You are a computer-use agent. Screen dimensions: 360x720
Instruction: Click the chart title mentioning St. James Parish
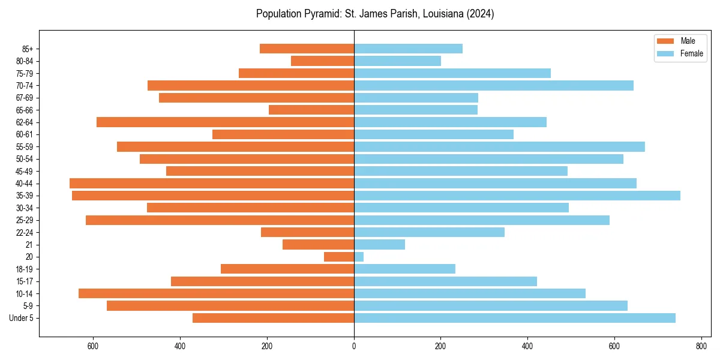point(375,14)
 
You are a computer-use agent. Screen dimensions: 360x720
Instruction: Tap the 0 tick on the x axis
point(354,346)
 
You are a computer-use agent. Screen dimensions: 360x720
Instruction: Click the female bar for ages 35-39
point(517,196)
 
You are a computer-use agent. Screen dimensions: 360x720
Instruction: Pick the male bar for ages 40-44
point(212,184)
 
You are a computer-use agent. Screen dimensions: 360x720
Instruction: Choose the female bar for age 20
point(359,257)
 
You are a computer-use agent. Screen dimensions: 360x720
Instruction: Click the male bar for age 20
point(339,257)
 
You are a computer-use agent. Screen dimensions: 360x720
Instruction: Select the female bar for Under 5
point(515,318)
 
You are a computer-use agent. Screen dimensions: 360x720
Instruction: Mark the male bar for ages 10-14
point(216,293)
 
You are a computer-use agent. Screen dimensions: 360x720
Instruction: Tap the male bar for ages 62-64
point(225,122)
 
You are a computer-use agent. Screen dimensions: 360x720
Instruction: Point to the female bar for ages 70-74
point(494,86)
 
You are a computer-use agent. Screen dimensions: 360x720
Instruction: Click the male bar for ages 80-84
point(322,61)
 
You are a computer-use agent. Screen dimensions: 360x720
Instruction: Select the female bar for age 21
point(379,245)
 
